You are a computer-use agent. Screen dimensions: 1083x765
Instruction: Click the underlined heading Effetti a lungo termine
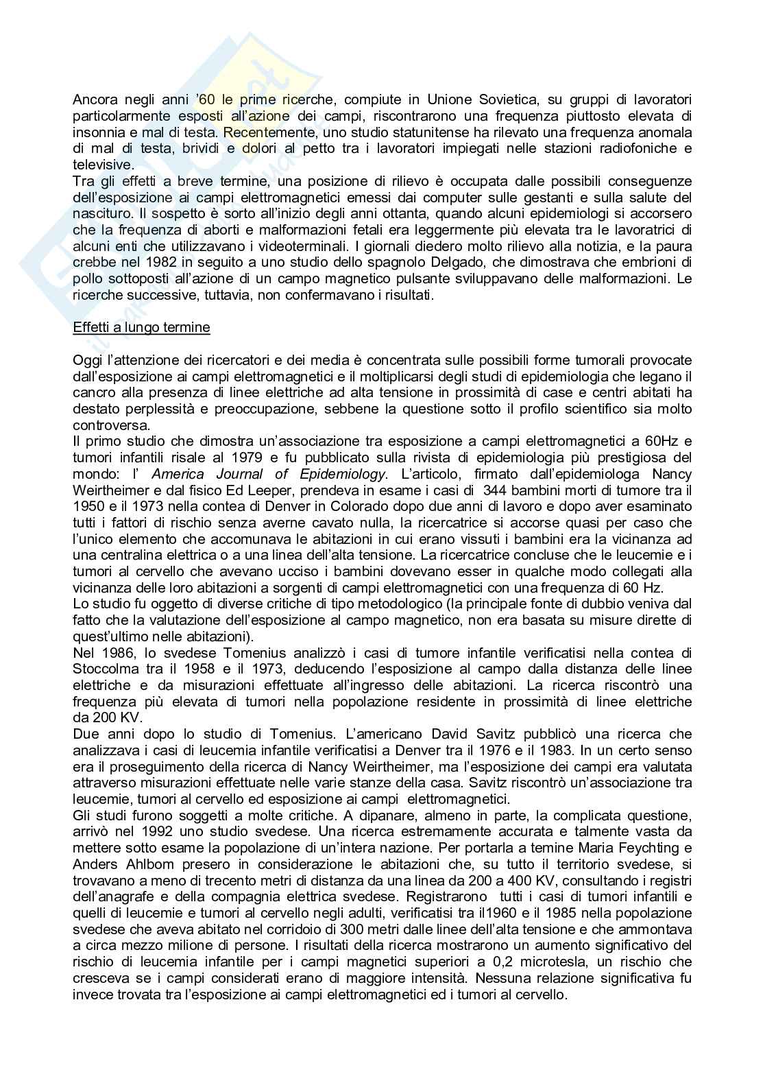point(141,327)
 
